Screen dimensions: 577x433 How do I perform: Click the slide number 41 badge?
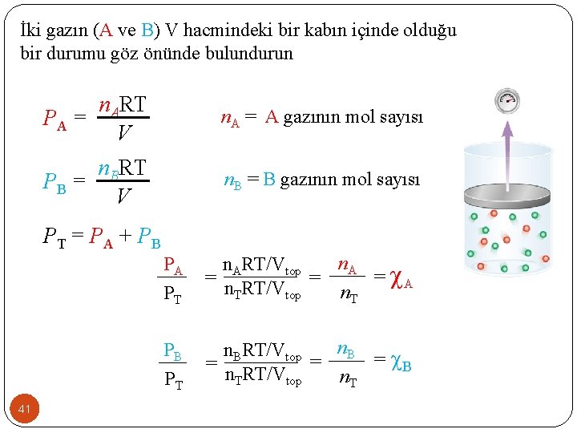(24, 411)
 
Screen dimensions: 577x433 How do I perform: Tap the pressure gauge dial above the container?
(507, 101)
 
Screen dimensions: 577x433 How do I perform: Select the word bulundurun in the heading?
(253, 54)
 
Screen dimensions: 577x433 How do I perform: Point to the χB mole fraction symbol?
(400, 366)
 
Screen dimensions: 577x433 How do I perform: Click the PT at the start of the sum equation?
(54, 237)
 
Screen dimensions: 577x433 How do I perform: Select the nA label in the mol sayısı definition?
(231, 118)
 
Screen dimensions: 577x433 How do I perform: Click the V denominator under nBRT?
(121, 196)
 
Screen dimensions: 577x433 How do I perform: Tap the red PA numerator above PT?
(173, 265)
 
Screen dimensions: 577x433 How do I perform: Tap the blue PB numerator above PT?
(173, 351)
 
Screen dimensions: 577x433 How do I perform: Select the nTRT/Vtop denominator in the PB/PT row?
(263, 375)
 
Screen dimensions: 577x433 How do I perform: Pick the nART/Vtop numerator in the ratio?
(261, 269)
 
